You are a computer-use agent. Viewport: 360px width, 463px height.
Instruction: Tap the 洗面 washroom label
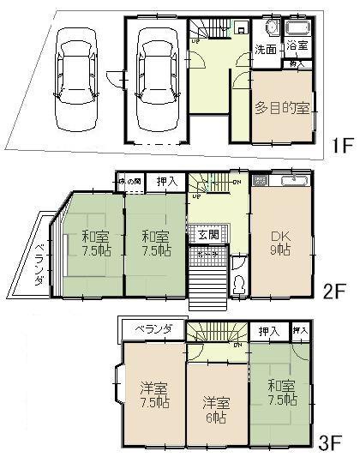266,50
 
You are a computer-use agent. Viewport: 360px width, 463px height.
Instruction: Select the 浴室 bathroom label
297,45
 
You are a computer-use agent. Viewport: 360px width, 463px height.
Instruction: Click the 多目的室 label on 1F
282,108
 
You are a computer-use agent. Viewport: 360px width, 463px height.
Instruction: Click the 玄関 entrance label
207,235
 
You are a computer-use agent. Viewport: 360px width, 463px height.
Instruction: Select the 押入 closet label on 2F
168,182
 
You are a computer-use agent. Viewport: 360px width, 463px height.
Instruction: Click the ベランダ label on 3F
156,328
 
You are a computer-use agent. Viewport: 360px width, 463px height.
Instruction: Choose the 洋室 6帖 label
217,410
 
